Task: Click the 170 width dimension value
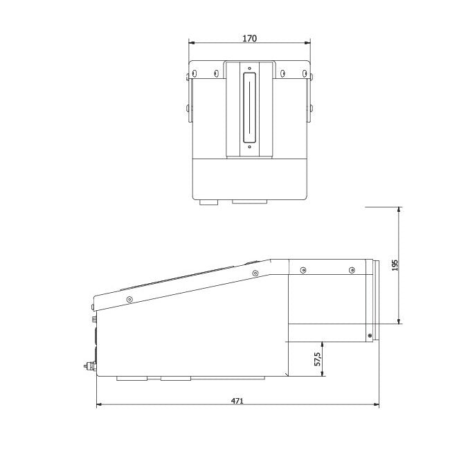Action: click(249, 39)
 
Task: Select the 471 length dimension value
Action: click(237, 399)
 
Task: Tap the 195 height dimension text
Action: click(395, 265)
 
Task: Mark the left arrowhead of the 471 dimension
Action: click(99, 404)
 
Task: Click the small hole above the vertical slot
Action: click(249, 68)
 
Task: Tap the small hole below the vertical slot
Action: click(249, 147)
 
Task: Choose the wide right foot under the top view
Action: click(249, 203)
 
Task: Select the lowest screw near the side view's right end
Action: click(370, 336)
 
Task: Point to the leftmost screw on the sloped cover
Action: click(129, 298)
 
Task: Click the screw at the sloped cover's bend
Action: click(255, 273)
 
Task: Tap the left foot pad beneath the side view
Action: click(132, 379)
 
